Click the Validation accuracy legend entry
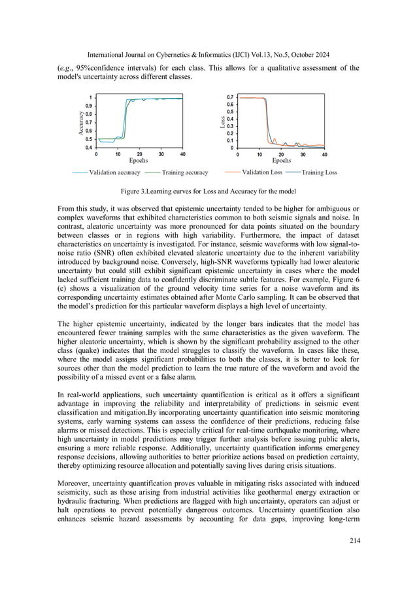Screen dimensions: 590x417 coord(114,172)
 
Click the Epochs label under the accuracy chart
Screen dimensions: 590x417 coord(139,160)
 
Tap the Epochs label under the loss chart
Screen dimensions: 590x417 coord(281,160)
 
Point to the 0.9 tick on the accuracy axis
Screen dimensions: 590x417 coord(88,106)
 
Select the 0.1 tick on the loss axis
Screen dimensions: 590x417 coord(229,140)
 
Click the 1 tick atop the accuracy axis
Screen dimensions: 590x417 coord(90,97)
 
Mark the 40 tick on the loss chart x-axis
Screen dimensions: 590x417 coord(324,154)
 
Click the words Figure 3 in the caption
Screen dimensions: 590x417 coord(135,192)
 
